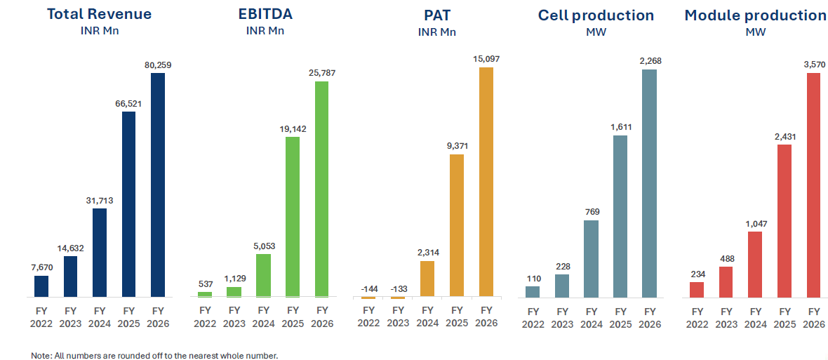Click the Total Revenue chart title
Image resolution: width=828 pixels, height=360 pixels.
(x=99, y=14)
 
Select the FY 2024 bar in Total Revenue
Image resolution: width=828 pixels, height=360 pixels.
(x=99, y=253)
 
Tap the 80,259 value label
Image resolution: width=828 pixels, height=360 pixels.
(x=158, y=65)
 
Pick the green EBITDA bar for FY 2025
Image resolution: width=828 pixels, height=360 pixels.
(x=293, y=217)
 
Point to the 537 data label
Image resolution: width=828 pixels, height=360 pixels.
(x=206, y=284)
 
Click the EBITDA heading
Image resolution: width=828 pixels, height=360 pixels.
(x=265, y=14)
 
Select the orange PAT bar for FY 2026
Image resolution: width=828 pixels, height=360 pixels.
(x=486, y=182)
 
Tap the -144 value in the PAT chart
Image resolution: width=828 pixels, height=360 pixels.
(x=368, y=288)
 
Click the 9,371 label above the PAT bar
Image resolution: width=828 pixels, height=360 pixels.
(x=457, y=146)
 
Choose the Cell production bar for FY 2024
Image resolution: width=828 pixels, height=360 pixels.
(x=592, y=259)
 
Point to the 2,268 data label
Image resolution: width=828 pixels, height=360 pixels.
(x=650, y=61)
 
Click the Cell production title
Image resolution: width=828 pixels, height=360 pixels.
(x=596, y=15)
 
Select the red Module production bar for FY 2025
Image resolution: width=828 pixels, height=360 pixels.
(x=784, y=221)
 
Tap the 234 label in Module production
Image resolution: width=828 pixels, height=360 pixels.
(x=697, y=274)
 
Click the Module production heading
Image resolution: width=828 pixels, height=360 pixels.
(x=756, y=15)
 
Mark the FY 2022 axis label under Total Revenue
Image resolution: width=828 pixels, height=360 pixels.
(x=41, y=316)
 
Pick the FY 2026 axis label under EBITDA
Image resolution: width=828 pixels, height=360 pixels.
(x=321, y=316)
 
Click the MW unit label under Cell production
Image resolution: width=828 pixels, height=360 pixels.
(x=596, y=32)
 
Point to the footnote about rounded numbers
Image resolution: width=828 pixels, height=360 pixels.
(x=154, y=355)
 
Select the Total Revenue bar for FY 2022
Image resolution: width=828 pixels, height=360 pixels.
(x=41, y=286)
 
